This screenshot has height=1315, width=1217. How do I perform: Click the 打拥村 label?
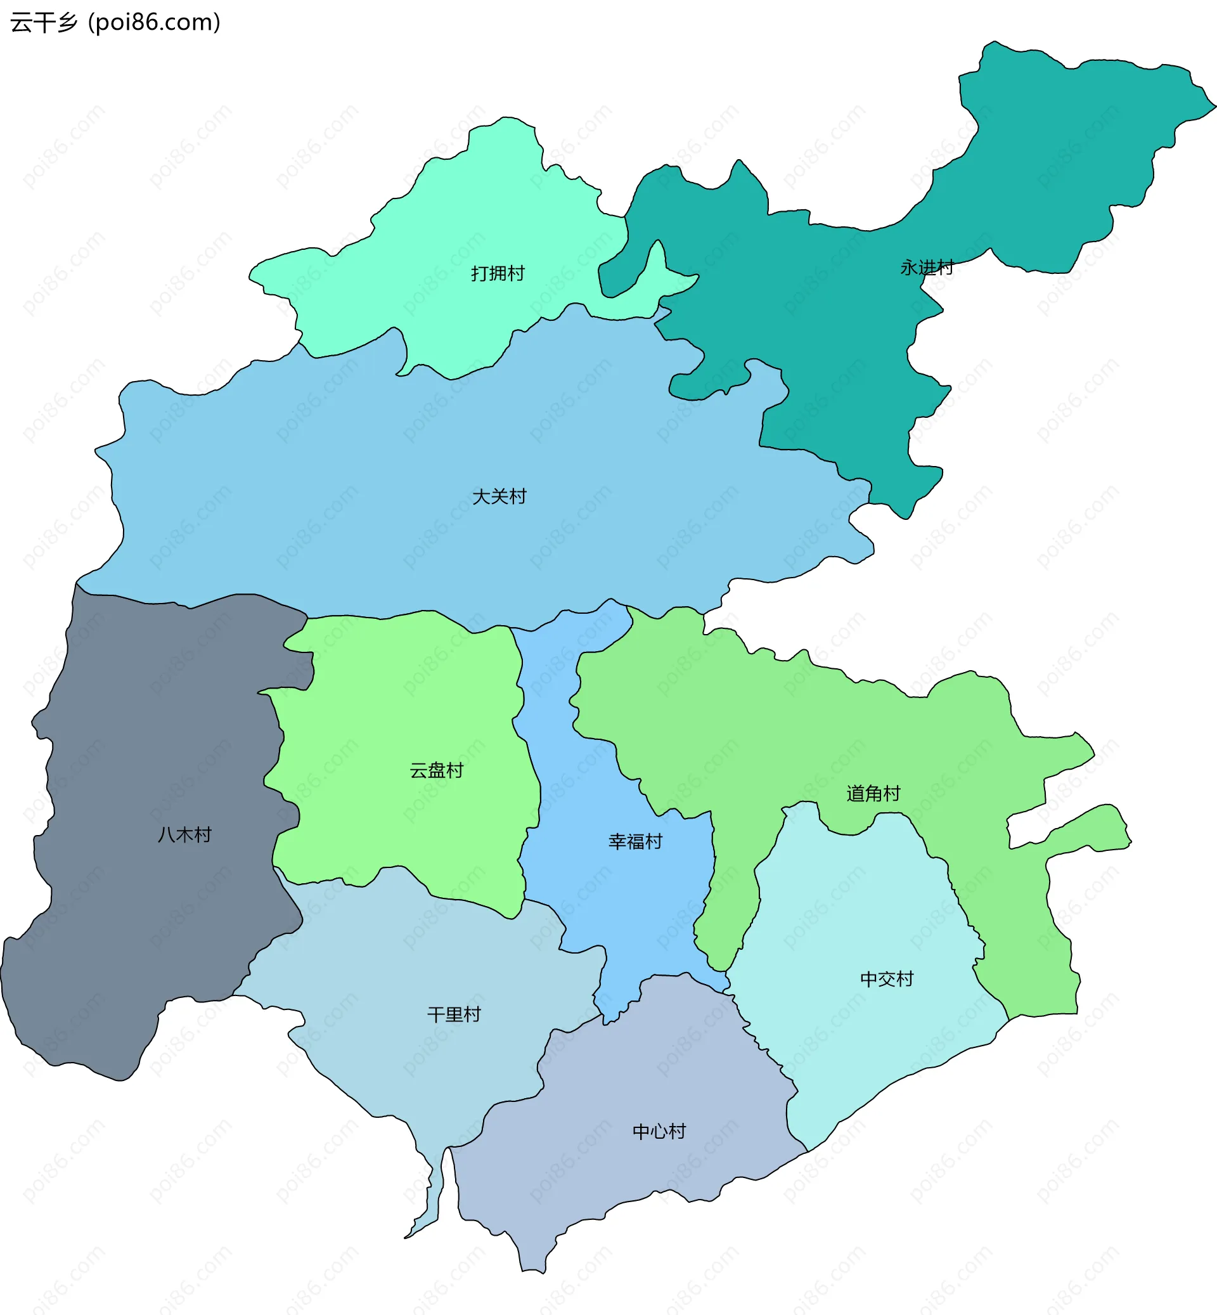coord(497,273)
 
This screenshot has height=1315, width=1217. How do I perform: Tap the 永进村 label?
coord(927,268)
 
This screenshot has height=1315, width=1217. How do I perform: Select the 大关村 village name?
coord(499,496)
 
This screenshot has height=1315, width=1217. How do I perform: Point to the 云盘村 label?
coord(436,770)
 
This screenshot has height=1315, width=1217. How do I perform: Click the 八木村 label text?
coord(184,835)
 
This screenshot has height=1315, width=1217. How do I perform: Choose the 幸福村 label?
coord(635,841)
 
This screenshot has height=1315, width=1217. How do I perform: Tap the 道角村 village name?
coord(873,793)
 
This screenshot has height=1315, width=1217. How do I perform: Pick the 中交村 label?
coord(886,979)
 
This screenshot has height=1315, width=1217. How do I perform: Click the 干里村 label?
coord(454,1014)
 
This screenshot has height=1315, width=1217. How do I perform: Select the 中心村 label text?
coord(659,1131)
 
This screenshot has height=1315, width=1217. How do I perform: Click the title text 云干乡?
coord(44,22)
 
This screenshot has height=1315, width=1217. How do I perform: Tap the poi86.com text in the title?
coord(154,22)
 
